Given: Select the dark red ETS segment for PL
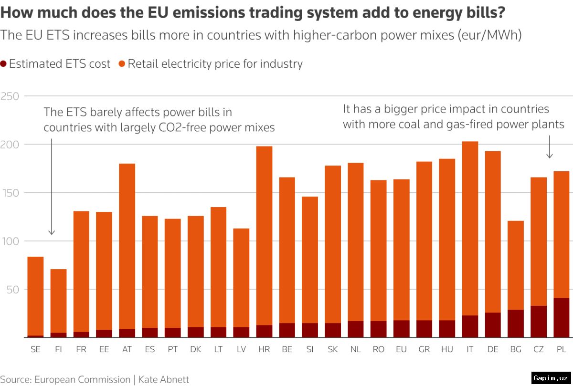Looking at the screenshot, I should coord(562,318).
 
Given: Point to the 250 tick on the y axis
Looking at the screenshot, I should coord(9,96).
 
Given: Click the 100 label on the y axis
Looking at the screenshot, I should coord(9,241).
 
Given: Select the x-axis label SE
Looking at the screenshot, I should coord(35,350).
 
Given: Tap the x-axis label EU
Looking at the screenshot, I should coord(401,350).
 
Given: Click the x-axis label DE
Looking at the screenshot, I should coord(493,350).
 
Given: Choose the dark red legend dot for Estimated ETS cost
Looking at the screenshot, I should coord(4,64).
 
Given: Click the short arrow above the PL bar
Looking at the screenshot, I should coord(550,147).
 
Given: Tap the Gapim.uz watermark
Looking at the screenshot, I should coord(551,377).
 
